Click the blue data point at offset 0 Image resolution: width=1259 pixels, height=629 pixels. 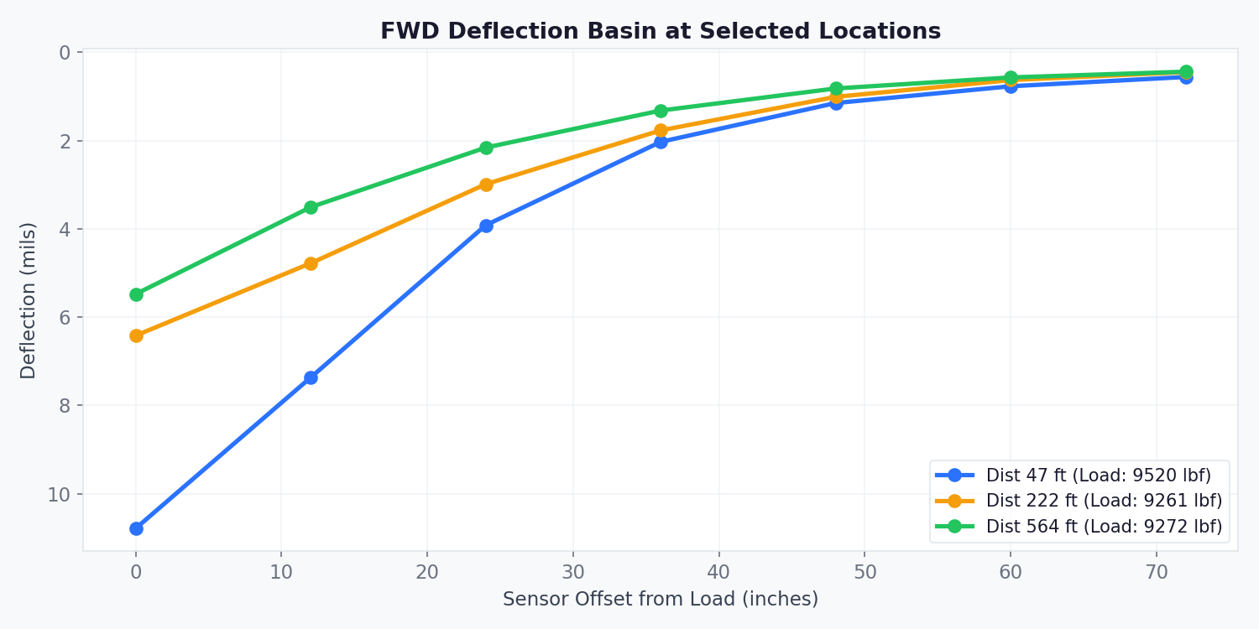(x=136, y=528)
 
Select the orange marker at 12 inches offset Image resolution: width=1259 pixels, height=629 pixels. (x=311, y=263)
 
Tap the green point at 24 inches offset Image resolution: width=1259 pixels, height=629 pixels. (x=486, y=148)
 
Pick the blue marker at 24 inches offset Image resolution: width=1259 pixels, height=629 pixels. (x=486, y=226)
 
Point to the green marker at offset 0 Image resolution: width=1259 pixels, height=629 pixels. (x=136, y=294)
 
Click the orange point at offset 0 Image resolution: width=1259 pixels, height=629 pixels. (x=136, y=335)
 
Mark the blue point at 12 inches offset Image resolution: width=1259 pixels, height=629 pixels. (x=311, y=377)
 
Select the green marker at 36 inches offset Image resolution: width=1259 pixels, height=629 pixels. (x=661, y=111)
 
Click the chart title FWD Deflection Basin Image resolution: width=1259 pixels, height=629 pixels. (x=661, y=32)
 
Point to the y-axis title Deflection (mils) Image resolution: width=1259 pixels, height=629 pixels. (x=29, y=300)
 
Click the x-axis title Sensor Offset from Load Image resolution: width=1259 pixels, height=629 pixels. (x=661, y=599)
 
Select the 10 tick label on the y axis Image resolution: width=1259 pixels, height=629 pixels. (x=59, y=494)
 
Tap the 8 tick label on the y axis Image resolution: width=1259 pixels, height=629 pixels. (x=65, y=406)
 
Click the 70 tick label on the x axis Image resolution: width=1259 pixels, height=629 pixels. (x=1157, y=572)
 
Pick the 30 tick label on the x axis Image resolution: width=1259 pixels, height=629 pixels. (x=573, y=572)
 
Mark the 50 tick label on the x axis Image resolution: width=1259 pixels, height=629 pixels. (x=865, y=572)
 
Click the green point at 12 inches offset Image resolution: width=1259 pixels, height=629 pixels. (x=311, y=207)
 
